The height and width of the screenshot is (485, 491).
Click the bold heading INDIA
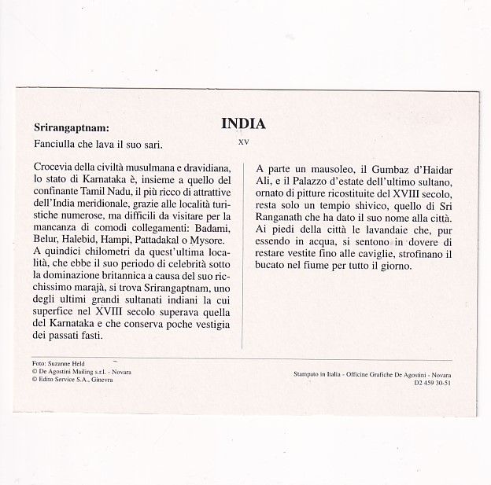[x=243, y=123]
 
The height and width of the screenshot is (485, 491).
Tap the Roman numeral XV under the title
[x=242, y=142]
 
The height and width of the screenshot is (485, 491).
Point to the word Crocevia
[x=57, y=167]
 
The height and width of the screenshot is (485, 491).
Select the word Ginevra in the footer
[x=99, y=379]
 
